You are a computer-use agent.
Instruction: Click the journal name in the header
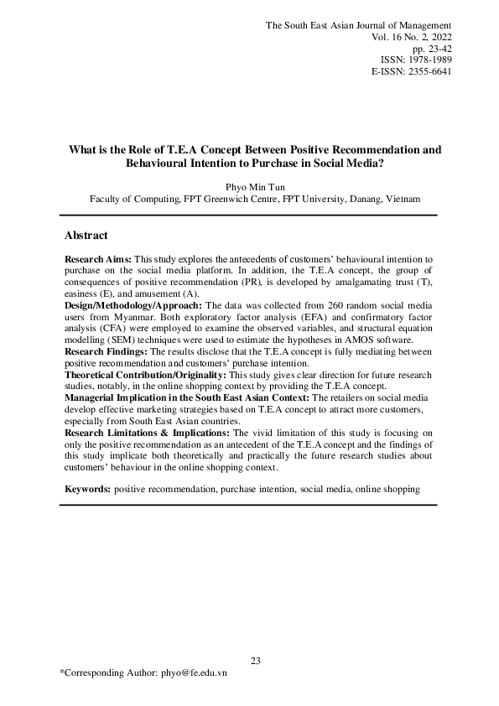pyautogui.click(x=358, y=26)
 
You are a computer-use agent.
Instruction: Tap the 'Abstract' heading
pyautogui.click(x=86, y=236)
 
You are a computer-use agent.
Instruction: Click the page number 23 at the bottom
pyautogui.click(x=255, y=662)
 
